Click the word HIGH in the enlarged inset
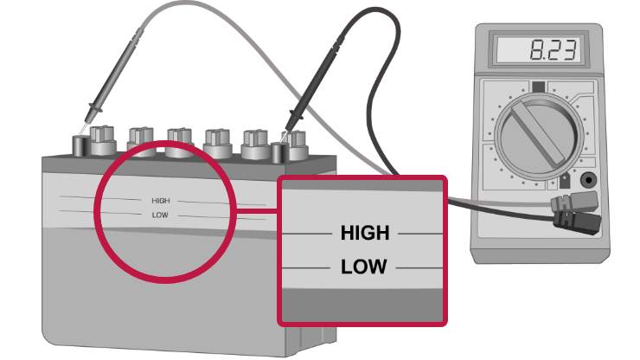364,233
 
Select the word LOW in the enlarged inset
363,267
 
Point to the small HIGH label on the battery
161,201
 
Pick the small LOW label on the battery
159,214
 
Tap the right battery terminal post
278,152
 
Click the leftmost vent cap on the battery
102,139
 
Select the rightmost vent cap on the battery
298,142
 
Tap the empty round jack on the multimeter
590,181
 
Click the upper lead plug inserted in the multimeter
566,204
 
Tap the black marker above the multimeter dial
539,87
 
